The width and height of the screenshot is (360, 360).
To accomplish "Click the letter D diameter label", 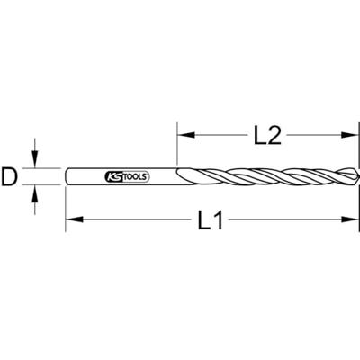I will [11, 178].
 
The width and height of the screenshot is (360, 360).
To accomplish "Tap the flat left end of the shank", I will [67, 176].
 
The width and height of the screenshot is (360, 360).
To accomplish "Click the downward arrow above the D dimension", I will [36, 160].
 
